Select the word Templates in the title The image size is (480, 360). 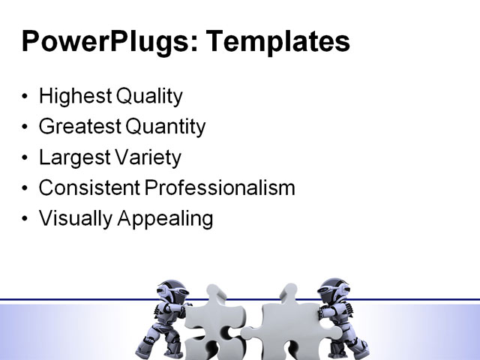tap(277, 41)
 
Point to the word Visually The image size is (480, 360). tap(71, 219)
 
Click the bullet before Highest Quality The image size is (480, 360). tap(26, 97)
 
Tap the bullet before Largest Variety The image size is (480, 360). tap(26, 159)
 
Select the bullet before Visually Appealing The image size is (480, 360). tap(26, 220)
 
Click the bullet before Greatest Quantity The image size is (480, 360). tap(26, 128)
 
